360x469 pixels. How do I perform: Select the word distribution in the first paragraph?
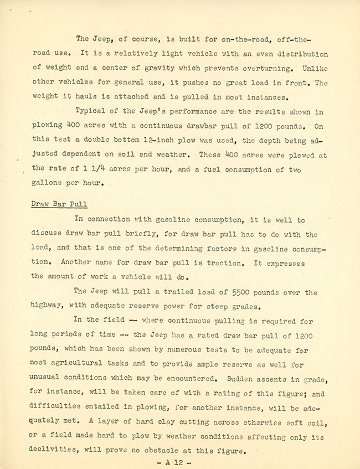click(301, 54)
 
